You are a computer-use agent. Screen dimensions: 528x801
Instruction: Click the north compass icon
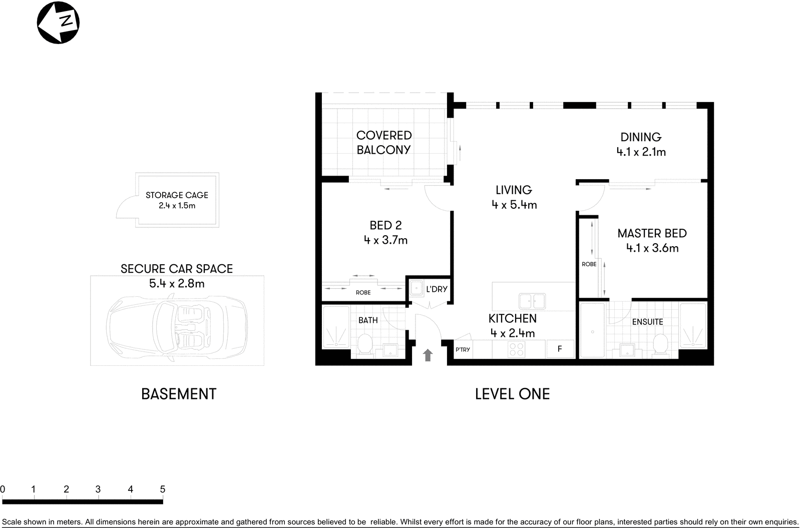click(x=59, y=23)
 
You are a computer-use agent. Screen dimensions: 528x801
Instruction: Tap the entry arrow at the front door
click(x=428, y=355)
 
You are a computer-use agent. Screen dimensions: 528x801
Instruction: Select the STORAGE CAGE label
click(x=177, y=195)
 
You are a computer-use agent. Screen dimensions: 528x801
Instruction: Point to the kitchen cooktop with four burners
click(x=516, y=349)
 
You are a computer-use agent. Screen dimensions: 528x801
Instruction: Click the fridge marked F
click(x=560, y=349)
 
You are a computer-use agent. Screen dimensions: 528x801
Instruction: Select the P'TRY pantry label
click(x=463, y=349)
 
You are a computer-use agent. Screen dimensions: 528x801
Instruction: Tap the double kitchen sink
click(x=532, y=301)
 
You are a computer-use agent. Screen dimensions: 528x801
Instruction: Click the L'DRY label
click(x=437, y=289)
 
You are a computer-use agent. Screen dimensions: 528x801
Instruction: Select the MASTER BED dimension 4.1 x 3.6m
click(x=652, y=248)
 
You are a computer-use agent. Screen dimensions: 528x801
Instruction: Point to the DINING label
click(x=641, y=137)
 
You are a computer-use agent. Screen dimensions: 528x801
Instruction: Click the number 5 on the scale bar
click(x=162, y=489)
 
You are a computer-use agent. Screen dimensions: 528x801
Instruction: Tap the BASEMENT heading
click(x=179, y=394)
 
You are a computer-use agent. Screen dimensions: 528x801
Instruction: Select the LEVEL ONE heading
click(x=512, y=394)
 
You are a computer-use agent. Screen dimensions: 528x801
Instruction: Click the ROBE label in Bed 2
click(x=363, y=292)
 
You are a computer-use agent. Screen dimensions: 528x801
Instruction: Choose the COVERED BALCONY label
click(x=384, y=143)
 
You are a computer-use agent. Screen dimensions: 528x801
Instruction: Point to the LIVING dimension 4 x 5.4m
click(x=514, y=205)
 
